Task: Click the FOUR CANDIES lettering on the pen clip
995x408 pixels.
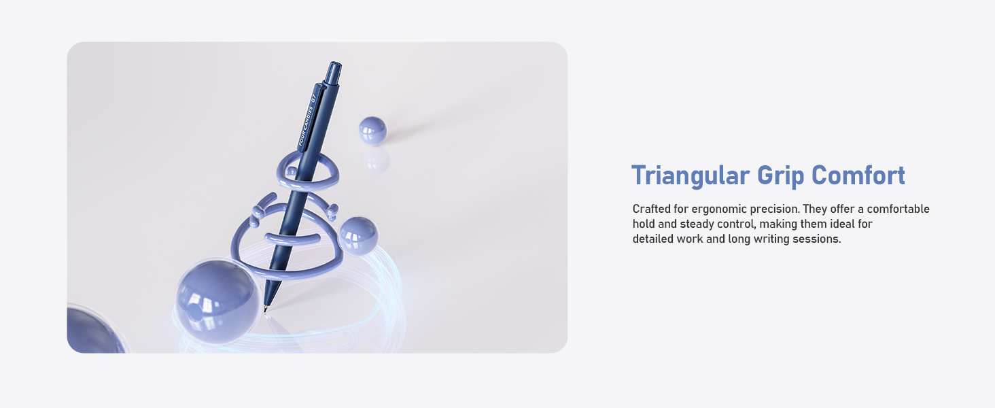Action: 305,126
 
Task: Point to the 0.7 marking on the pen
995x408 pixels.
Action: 313,97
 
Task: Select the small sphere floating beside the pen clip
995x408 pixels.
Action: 372,130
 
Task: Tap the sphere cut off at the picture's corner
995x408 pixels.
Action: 92,331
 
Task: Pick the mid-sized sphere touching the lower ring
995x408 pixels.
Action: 357,235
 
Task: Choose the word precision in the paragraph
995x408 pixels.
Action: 774,209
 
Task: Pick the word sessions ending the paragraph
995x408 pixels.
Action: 817,239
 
